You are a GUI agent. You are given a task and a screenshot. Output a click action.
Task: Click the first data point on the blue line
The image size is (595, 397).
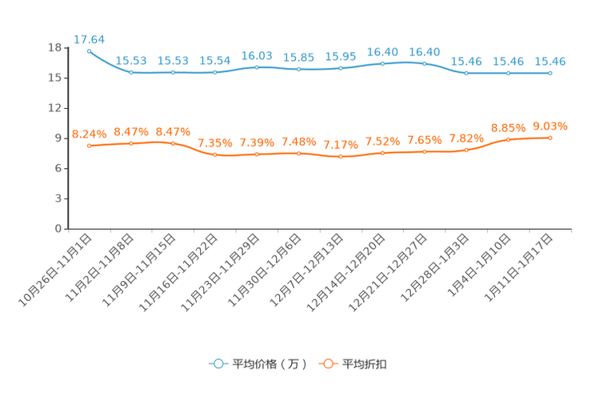[x=89, y=50]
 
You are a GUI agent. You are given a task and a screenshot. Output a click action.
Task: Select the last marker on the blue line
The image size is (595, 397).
[x=549, y=73]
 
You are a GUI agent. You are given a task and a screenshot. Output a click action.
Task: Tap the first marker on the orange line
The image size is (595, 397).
[x=89, y=146]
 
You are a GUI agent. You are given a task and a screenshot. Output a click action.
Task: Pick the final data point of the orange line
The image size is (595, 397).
[x=549, y=138]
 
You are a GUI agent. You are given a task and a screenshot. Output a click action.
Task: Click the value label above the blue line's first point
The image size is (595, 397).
[x=89, y=38]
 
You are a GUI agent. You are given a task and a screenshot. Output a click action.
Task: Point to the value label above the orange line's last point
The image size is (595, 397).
[x=549, y=126]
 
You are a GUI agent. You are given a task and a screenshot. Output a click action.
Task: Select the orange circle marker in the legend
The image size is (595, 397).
[x=326, y=363]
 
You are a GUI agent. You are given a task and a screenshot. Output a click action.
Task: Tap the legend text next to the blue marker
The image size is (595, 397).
[x=270, y=364]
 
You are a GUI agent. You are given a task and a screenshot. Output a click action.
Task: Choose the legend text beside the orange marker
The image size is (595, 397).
[x=365, y=364]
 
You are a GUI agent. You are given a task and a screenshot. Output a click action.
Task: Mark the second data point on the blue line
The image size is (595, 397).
[x=131, y=73]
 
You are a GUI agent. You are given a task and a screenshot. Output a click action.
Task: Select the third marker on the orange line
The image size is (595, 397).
[x=173, y=143]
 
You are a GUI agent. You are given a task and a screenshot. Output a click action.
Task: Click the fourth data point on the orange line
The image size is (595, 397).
[x=214, y=154]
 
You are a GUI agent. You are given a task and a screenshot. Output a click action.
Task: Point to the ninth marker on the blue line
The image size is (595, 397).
[x=424, y=62]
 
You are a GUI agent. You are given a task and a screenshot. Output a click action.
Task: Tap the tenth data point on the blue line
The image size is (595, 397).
[x=465, y=73]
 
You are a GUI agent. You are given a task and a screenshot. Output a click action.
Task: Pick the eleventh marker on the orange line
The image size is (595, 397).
[x=508, y=140]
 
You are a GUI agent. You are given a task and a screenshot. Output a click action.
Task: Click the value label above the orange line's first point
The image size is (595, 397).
[x=89, y=134]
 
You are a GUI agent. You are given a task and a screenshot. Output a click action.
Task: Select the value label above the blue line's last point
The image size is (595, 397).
[x=549, y=61]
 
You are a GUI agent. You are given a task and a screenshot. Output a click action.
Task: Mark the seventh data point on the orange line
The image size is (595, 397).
[x=341, y=157]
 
